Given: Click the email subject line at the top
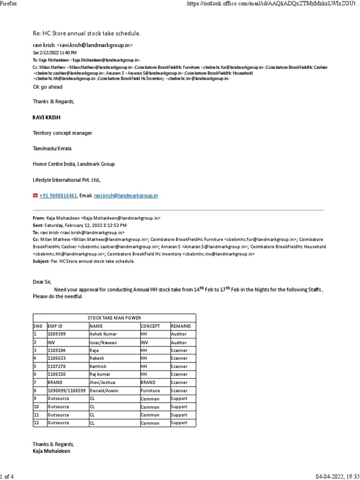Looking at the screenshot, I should coord(86,33).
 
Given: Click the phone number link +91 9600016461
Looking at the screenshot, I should coord(58,195).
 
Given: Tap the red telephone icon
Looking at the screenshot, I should coord(35,195).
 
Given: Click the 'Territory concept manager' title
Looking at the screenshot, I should coord(62,133).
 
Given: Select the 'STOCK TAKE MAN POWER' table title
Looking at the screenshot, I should coord(114,318).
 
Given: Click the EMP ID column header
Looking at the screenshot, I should coord(55,326).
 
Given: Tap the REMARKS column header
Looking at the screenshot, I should coord(181,326).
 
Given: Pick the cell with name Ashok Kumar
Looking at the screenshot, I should coord(104,334).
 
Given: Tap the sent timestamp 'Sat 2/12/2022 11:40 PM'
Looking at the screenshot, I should coord(54,53).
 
